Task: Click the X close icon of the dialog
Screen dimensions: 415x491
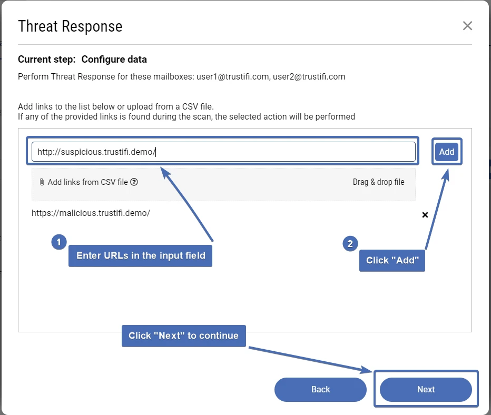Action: coord(467,26)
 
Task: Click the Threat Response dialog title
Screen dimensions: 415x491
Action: coord(70,26)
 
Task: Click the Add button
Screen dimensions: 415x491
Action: coord(447,152)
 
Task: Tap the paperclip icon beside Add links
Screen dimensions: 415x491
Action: coord(42,182)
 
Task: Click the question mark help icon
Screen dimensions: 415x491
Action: coord(134,182)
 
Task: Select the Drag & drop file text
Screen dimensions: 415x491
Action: coord(378,182)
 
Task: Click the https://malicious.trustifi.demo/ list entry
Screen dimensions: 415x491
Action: coord(91,213)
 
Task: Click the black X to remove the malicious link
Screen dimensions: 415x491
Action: coord(425,215)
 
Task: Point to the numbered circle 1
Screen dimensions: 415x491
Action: coord(58,242)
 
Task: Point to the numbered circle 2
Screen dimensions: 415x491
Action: coord(350,244)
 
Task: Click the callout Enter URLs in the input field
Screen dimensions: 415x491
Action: coord(140,256)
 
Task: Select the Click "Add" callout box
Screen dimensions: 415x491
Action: coord(392,261)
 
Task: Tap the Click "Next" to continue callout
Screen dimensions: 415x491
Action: coord(184,335)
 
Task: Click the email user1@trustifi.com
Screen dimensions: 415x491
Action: coord(232,76)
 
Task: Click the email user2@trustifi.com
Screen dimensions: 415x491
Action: coord(309,76)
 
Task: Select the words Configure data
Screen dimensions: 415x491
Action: coord(114,60)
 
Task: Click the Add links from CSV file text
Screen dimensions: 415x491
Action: coord(87,182)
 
